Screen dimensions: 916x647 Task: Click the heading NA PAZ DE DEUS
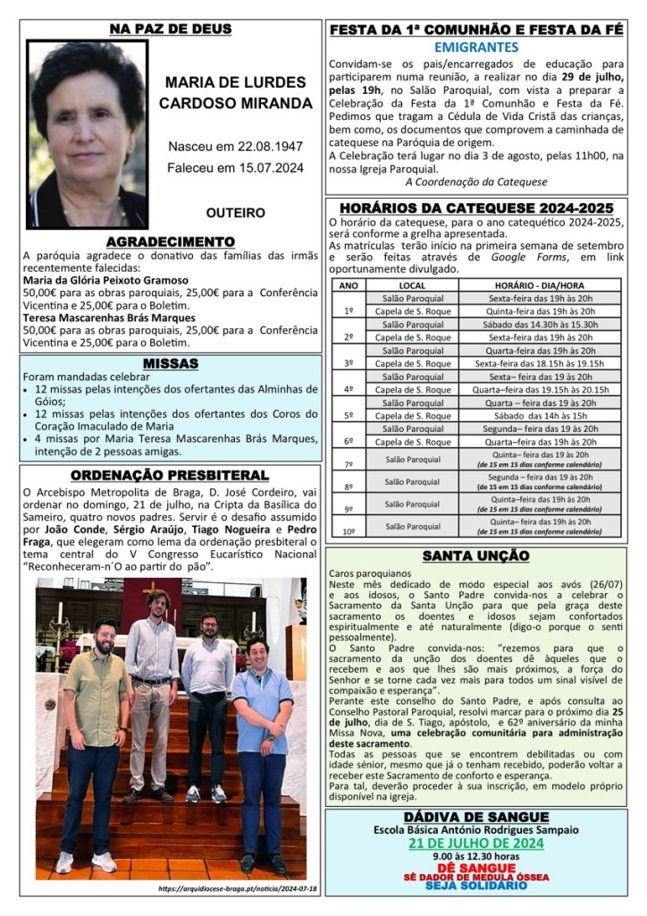click(170, 30)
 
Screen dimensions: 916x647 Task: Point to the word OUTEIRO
click(235, 213)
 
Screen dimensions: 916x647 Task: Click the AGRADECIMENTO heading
click(170, 242)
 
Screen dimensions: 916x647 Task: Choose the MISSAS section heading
click(170, 363)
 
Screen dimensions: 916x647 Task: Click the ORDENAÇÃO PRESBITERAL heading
click(170, 475)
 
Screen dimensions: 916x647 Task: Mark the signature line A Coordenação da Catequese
click(475, 182)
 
